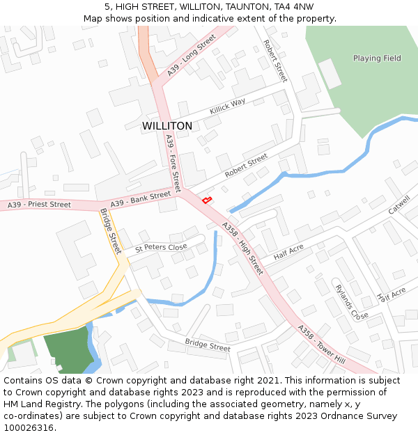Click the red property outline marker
point(206,200)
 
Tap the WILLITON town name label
point(167,126)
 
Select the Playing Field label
point(377,58)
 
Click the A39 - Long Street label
point(192,56)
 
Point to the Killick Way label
point(228,106)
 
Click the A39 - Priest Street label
point(39,205)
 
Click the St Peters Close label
point(161,247)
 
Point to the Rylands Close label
point(351,302)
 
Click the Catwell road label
point(399,207)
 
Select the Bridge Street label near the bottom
point(208,345)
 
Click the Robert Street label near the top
point(275,61)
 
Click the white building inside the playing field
point(330,74)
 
